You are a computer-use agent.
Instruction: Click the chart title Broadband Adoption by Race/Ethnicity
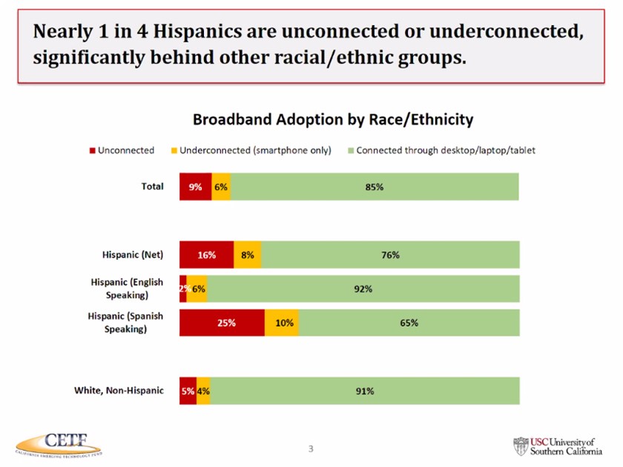tap(333, 120)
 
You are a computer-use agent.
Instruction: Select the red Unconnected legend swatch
tap(92, 151)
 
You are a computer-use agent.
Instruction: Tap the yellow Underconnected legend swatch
tap(174, 151)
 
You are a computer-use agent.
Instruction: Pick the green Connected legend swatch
tap(351, 151)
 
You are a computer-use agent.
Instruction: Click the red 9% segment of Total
tap(195, 187)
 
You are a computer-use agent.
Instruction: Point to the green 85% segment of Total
tap(375, 187)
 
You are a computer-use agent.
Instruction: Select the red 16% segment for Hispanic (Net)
tap(206, 255)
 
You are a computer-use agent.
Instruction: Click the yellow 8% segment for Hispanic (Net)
tap(248, 255)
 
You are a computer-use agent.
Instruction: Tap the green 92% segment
tap(363, 289)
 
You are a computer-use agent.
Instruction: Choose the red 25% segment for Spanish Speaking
tap(222, 323)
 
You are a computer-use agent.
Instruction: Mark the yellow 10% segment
tap(282, 323)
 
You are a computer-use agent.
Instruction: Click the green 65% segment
tap(409, 323)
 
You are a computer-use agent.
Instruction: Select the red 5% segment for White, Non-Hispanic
tap(187, 391)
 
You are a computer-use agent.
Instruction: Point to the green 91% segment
tap(364, 391)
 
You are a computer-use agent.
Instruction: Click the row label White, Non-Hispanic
tap(119, 390)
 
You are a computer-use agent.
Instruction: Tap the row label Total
tap(152, 186)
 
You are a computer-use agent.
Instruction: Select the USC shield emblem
tap(521, 445)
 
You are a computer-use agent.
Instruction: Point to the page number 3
tap(311, 448)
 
